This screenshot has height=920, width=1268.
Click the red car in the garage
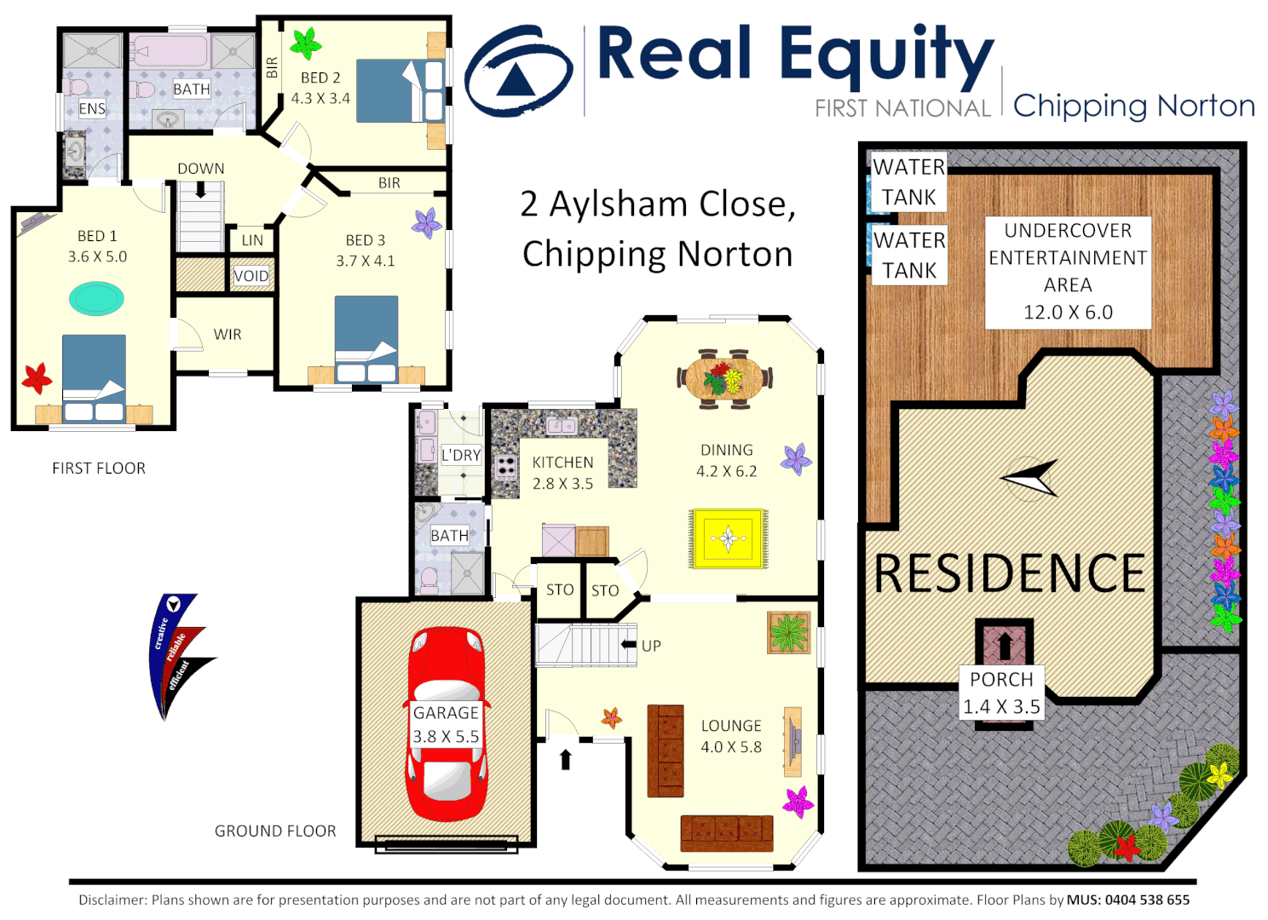(x=446, y=724)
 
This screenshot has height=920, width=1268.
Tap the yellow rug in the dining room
(x=728, y=538)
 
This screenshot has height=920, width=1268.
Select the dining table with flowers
(x=724, y=377)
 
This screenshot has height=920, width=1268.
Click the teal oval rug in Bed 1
(x=96, y=299)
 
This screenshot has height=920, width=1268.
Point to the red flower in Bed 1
(x=37, y=377)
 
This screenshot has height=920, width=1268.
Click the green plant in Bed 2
(x=305, y=43)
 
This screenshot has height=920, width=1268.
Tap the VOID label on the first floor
(x=251, y=276)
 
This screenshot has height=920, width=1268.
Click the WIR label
(x=228, y=335)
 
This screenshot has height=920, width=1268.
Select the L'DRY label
(x=461, y=456)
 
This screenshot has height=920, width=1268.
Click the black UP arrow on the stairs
(x=629, y=645)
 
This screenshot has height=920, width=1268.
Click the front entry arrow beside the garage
(x=565, y=758)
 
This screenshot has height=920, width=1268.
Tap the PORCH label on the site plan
(x=1001, y=680)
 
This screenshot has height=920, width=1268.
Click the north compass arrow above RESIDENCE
(x=1031, y=478)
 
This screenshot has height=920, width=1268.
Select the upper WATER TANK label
(x=908, y=181)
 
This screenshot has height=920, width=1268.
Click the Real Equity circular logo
(x=517, y=72)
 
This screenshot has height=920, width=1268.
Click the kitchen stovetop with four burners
(x=506, y=466)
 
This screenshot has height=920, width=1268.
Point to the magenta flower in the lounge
(x=798, y=802)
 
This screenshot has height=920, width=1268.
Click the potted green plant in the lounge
(x=788, y=633)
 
